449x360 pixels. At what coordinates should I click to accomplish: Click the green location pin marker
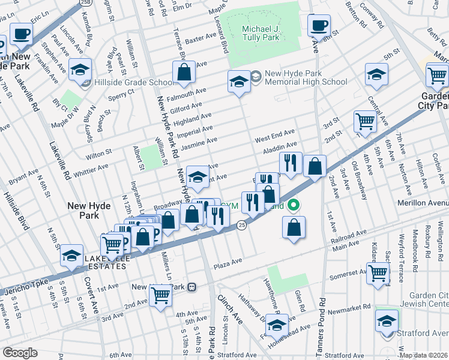click(x=293, y=205)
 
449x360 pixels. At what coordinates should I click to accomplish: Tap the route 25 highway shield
click(x=241, y=225)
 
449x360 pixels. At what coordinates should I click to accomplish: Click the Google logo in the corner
click(x=20, y=353)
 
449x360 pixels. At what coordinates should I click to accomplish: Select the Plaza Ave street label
click(x=229, y=261)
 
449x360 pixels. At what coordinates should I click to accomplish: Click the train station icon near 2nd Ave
click(x=192, y=287)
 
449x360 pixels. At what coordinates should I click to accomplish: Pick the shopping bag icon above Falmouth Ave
click(x=184, y=73)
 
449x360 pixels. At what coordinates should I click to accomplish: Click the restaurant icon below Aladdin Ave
click(x=290, y=162)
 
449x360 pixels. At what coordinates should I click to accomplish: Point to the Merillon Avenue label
click(x=423, y=203)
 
